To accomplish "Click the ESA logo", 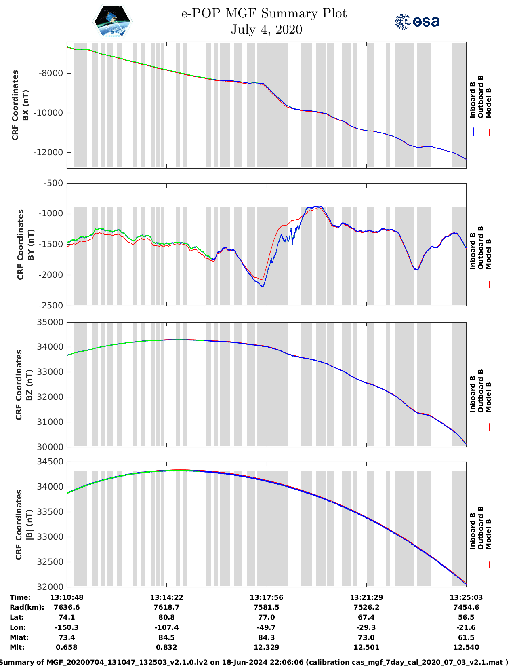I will pos(417,21).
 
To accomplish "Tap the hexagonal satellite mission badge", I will pos(113,22).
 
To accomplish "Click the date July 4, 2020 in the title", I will pos(266,30).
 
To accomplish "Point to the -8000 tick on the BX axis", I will pos(51,73).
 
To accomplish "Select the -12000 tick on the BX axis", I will pos(48,152).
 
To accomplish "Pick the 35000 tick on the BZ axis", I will pos(50,322).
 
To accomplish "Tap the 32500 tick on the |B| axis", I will pos(50,562).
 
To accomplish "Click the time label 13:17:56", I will pos(266,597).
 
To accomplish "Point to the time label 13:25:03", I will pos(466,597).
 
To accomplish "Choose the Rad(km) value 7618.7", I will pos(166,607).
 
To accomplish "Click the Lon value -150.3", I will pos(67,627).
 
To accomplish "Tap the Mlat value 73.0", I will pos(366,637).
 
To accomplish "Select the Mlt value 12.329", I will pos(266,647).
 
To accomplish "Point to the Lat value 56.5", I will pos(466,617).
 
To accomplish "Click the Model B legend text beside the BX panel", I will pos(488,103).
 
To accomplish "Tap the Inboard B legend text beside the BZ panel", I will pos(473,394).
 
